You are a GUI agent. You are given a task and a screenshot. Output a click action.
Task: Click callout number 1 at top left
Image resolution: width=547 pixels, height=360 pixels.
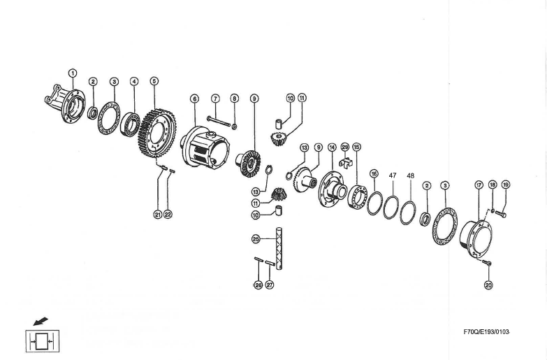[72, 69]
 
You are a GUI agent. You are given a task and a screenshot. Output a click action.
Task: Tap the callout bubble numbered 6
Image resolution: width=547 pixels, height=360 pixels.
[194, 99]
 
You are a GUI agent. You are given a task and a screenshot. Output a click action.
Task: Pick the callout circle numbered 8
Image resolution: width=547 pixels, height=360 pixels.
[235, 99]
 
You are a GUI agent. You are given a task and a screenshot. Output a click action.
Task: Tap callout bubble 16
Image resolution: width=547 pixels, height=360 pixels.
[374, 173]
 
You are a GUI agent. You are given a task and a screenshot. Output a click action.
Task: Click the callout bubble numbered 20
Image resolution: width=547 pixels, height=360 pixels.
[488, 285]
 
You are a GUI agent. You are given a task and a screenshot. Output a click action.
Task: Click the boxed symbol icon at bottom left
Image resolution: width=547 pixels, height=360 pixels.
[42, 342]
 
